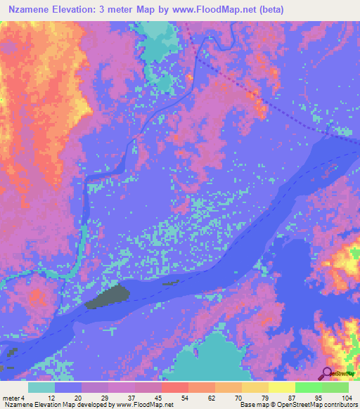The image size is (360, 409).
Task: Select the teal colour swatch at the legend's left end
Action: (41, 387)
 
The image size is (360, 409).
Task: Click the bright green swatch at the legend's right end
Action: (335, 387)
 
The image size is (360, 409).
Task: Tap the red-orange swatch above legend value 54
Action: (175, 387)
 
